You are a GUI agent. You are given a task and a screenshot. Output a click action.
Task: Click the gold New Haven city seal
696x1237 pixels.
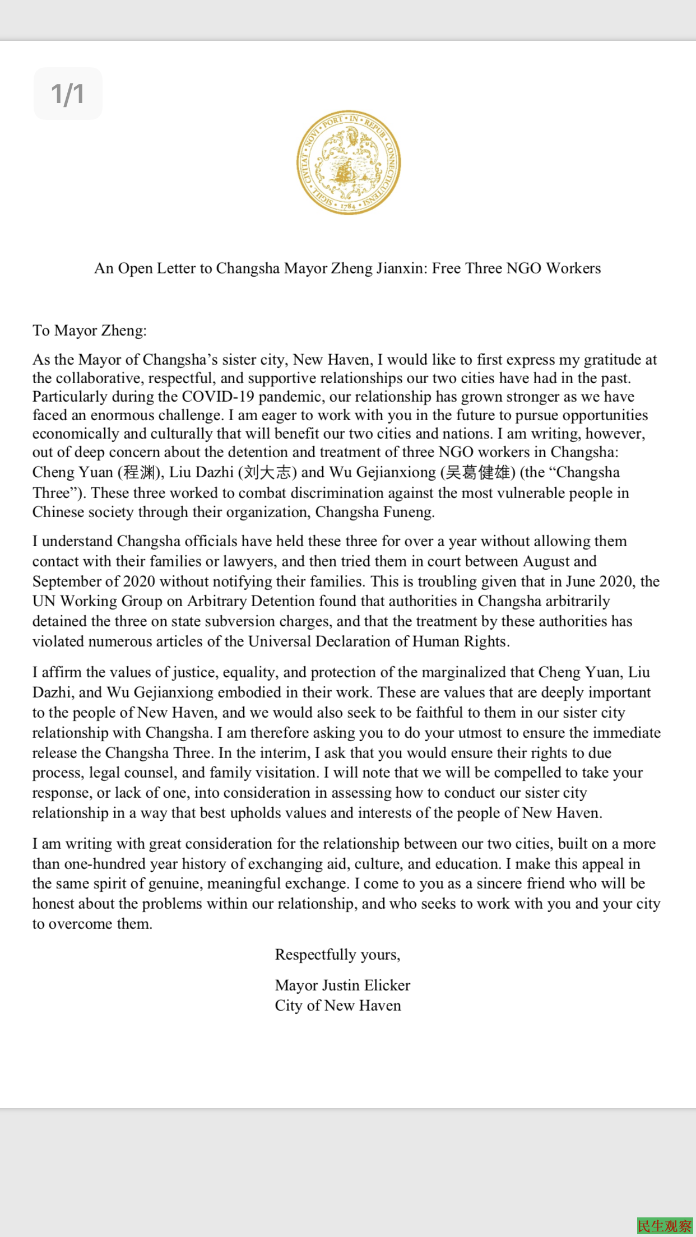point(348,162)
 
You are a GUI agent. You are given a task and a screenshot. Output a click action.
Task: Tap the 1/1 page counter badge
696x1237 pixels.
point(68,94)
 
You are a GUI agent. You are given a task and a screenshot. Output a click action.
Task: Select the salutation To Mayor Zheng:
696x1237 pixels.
point(90,331)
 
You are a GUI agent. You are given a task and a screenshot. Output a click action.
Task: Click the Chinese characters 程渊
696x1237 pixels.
point(139,472)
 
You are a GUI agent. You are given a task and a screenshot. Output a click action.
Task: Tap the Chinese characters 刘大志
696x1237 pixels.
point(267,472)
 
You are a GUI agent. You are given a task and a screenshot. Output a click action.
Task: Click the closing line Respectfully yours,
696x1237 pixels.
point(337,955)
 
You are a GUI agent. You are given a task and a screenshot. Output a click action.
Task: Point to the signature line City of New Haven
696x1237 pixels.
point(338,1006)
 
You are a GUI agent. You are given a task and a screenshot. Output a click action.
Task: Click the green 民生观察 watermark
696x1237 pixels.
point(665,1226)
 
